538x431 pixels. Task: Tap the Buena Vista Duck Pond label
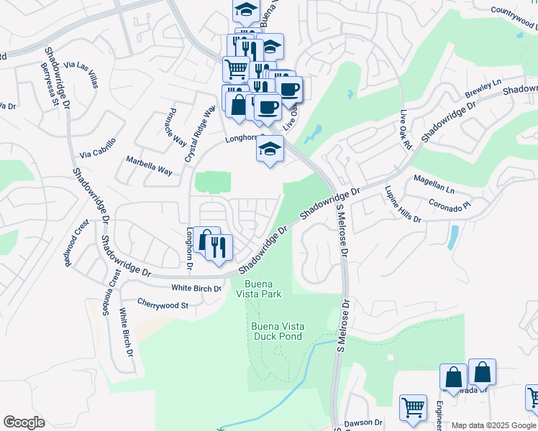pos(278,331)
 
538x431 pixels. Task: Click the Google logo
pos(24,422)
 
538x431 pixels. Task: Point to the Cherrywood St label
pos(162,305)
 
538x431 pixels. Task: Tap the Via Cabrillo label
pos(97,148)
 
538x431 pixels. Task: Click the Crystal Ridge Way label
pos(200,134)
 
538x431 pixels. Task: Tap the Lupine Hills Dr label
pos(403,204)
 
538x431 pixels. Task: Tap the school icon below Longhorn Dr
pos(270,149)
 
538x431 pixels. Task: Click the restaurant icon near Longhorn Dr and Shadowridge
pos(219,247)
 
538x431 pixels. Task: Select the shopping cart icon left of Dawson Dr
pos(413,407)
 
